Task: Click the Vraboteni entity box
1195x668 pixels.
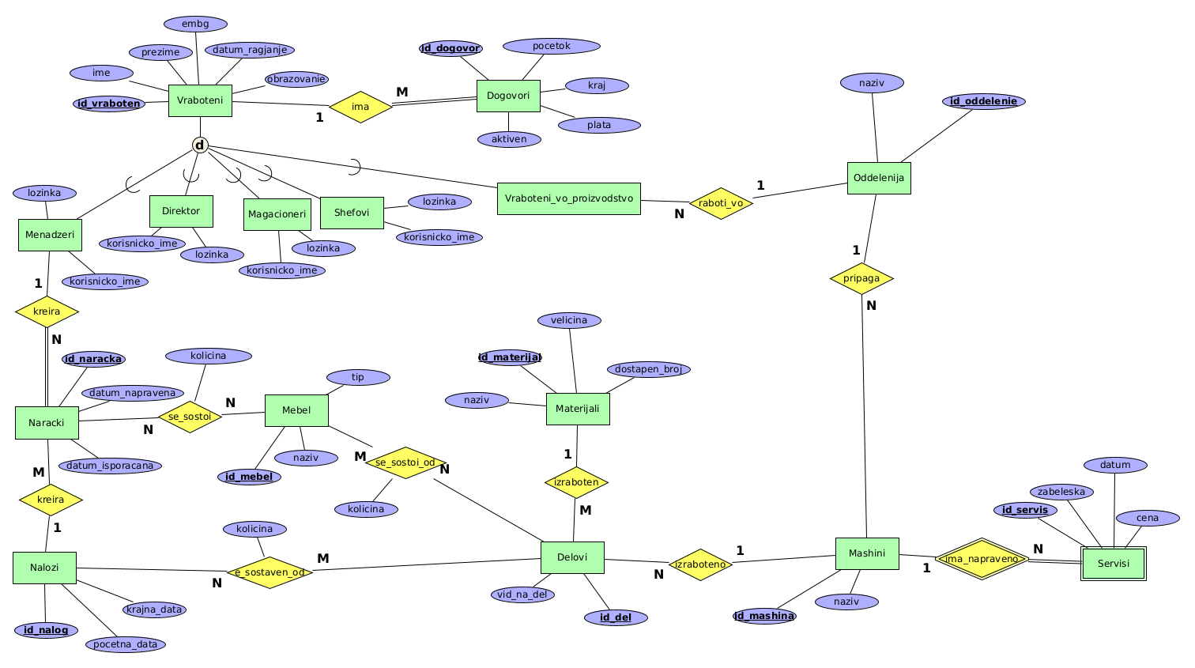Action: pos(200,100)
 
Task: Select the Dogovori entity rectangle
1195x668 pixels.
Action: pos(508,96)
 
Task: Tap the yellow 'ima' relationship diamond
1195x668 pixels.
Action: pos(360,107)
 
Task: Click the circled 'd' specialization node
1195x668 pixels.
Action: pos(200,145)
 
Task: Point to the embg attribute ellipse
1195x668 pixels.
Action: pos(195,24)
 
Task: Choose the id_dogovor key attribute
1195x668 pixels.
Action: pos(450,48)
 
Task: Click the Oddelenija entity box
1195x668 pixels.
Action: pos(879,178)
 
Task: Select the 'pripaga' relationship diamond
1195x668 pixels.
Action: pos(861,278)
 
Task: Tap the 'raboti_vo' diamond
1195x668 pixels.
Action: pos(721,203)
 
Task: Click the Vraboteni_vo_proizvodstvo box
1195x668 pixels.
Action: pos(569,198)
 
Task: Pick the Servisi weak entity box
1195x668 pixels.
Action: pos(1114,564)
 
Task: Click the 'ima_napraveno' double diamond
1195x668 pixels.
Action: pos(982,559)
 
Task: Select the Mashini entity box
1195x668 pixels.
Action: pos(867,553)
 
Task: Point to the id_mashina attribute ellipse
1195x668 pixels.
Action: pos(763,616)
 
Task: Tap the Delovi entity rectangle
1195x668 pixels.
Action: pos(572,557)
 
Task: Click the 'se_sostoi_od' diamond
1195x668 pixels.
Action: pos(405,462)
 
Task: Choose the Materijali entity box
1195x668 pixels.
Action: pos(578,409)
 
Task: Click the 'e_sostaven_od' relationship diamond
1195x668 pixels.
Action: pos(270,572)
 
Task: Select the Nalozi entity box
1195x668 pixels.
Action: pos(44,568)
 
